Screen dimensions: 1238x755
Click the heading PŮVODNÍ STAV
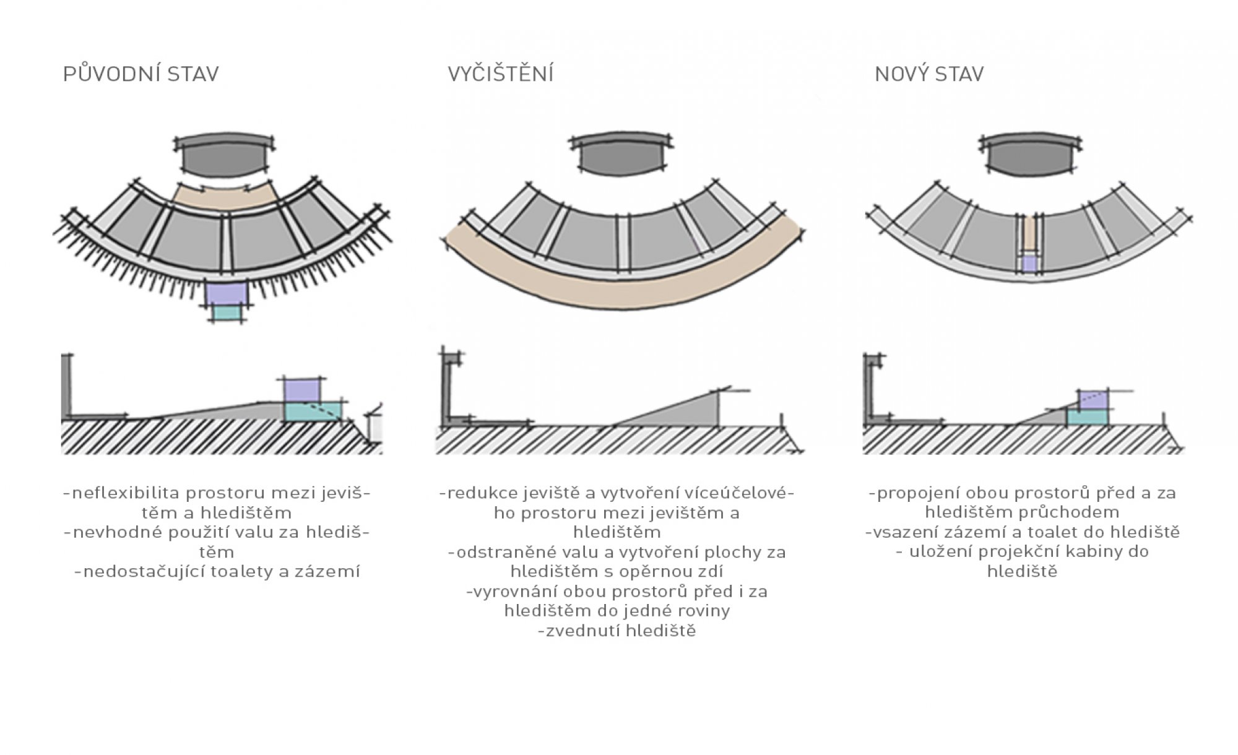coord(141,74)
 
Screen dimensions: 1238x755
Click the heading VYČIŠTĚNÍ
coord(501,74)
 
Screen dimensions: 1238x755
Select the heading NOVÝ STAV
coord(929,74)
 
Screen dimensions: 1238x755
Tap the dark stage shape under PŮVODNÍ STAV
coord(224,157)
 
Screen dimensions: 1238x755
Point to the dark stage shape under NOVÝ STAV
coord(1029,157)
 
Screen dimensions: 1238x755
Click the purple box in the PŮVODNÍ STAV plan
coord(227,293)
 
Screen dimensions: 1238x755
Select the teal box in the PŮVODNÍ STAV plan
coord(227,313)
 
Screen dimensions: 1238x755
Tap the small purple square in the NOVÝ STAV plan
coord(1029,264)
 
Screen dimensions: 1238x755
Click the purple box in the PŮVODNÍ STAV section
coord(303,390)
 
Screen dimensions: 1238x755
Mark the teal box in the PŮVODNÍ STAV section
coord(312,412)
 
